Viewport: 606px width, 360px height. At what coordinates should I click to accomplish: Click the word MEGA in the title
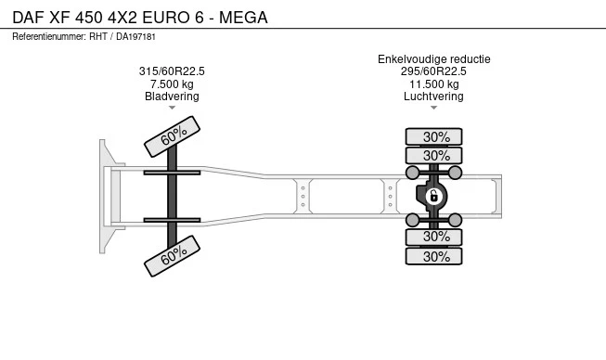(x=243, y=18)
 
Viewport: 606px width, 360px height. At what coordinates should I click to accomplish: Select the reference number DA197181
(x=135, y=37)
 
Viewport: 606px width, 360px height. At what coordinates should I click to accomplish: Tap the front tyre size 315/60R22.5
(x=172, y=71)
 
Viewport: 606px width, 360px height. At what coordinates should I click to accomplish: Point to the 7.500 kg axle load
(x=172, y=84)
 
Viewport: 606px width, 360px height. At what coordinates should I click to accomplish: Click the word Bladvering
(x=172, y=96)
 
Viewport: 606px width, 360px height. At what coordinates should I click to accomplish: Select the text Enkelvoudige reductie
(x=434, y=59)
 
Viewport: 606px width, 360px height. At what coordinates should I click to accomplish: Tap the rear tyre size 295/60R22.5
(x=433, y=71)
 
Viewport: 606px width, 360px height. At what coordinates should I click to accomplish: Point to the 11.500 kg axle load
(x=434, y=84)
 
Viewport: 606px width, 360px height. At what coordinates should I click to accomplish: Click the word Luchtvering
(x=433, y=96)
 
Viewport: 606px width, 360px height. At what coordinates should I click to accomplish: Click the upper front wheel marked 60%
(x=172, y=136)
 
